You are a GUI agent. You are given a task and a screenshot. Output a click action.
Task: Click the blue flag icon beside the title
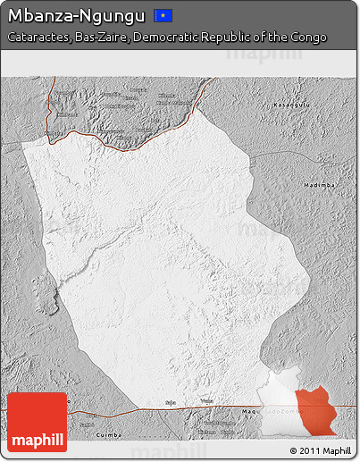[163, 15]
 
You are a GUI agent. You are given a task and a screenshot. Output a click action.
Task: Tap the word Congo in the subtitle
[307, 38]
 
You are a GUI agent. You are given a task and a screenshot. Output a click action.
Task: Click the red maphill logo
[37, 422]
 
